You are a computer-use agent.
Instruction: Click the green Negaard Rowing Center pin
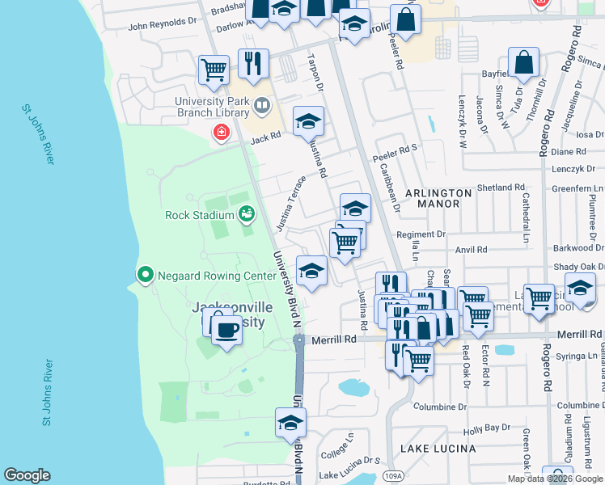pos(146,276)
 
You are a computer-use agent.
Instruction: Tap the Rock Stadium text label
pos(199,215)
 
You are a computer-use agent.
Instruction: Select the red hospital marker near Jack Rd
pos(220,132)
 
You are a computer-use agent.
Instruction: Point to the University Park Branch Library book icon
pos(262,106)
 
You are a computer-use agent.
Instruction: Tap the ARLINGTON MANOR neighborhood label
pos(438,199)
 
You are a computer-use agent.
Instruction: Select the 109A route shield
pos(394,475)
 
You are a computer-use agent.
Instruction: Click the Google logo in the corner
pos(27,475)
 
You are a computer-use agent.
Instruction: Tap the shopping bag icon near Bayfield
pos(524,63)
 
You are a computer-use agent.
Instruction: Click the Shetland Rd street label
pos(501,188)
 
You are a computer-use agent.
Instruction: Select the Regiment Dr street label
pos(421,234)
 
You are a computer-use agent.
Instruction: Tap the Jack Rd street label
pos(265,139)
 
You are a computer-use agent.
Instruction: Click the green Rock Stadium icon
pos(247,214)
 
